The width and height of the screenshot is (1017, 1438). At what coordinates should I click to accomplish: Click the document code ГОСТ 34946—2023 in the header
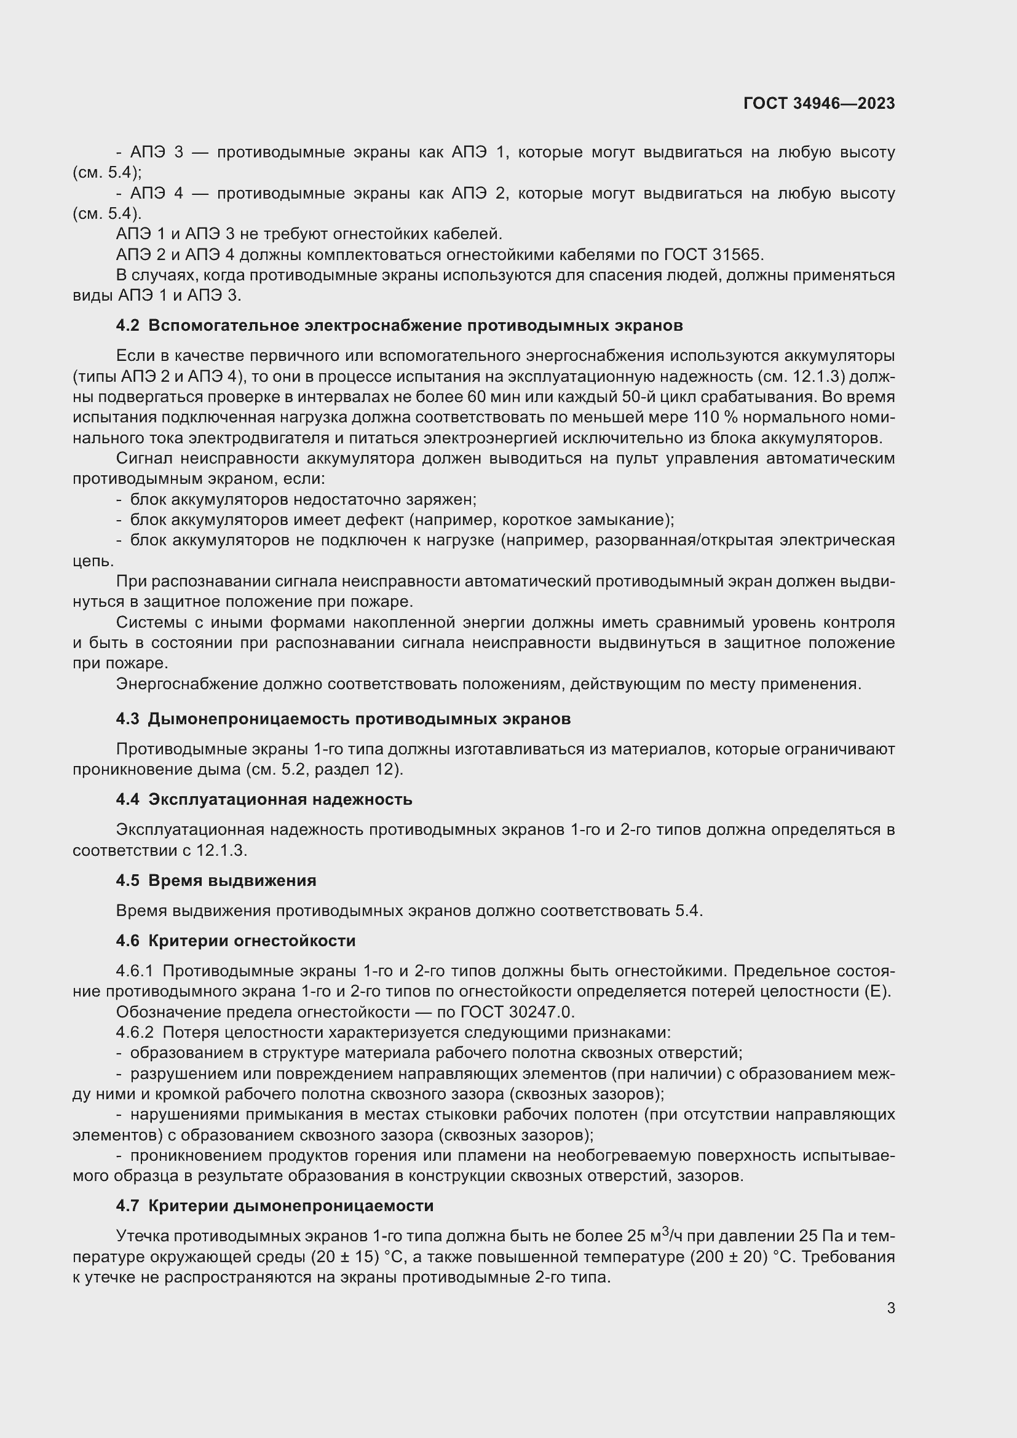click(x=818, y=104)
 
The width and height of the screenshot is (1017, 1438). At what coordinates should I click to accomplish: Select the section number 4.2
click(x=128, y=326)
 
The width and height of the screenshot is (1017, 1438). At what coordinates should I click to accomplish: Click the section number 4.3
click(x=128, y=719)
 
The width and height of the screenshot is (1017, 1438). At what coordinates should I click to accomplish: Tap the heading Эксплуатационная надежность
click(x=280, y=800)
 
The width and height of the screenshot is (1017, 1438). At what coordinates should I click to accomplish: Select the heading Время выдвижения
click(x=232, y=880)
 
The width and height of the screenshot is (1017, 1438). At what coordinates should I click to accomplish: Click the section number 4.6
click(x=128, y=941)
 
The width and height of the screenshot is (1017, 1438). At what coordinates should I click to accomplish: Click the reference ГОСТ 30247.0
click(x=517, y=1012)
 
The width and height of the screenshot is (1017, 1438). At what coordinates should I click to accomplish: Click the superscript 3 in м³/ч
click(x=666, y=1231)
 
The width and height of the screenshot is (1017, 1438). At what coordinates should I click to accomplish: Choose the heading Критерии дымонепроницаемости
click(x=291, y=1206)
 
